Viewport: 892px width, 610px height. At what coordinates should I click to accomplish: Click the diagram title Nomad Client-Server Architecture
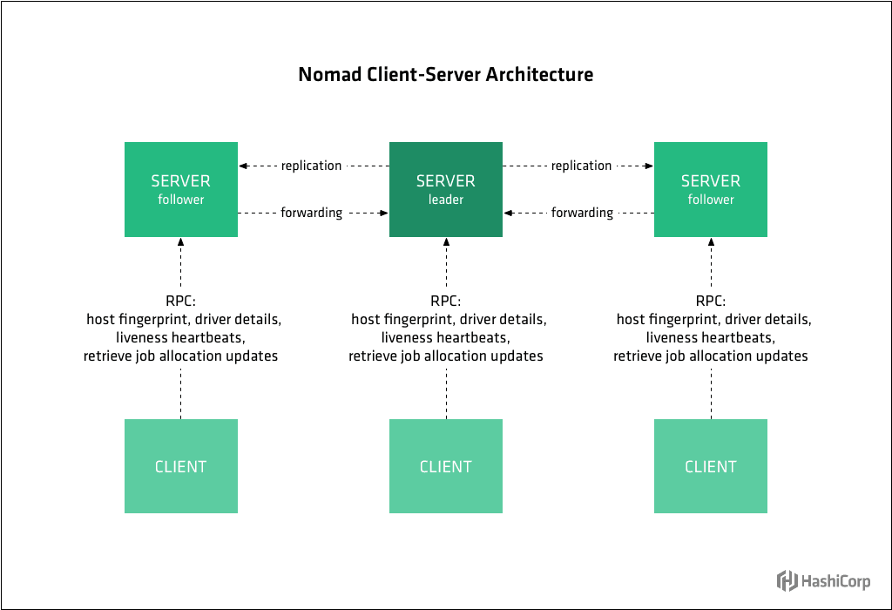tap(445, 75)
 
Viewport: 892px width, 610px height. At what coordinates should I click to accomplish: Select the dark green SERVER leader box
tap(445, 189)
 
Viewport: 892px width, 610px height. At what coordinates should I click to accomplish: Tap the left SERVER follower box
tap(180, 189)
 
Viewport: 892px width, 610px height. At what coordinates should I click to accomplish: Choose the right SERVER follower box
tap(710, 189)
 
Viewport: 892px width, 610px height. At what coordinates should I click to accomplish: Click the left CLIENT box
tap(180, 466)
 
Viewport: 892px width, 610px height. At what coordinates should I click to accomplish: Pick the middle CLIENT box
tap(445, 466)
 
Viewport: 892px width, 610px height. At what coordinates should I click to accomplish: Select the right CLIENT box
tap(710, 466)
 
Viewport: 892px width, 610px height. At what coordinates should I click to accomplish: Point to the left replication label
tap(311, 166)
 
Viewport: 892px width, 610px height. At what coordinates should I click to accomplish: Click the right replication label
tap(581, 166)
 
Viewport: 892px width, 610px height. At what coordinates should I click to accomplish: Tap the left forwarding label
tap(311, 213)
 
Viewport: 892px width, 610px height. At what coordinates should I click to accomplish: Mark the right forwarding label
tap(581, 213)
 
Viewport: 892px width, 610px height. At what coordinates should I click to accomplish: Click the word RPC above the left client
tap(180, 302)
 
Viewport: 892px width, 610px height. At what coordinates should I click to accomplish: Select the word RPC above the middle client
tap(445, 302)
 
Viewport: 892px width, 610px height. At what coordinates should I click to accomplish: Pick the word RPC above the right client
tap(710, 302)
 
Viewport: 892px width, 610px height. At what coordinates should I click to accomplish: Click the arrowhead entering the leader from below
tap(445, 243)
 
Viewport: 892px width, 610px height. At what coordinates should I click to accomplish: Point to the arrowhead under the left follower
tap(180, 243)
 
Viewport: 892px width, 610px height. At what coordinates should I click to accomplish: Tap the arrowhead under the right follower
tap(710, 243)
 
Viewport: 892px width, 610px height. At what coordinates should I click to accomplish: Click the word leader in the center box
tap(445, 200)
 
